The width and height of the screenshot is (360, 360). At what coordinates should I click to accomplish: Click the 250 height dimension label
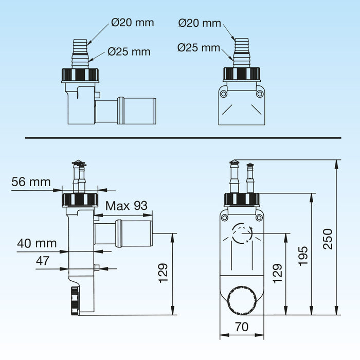pos(328,239)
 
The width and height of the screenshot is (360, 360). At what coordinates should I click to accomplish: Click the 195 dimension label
pos(303,256)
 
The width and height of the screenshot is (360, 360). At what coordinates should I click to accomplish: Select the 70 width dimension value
pos(242,327)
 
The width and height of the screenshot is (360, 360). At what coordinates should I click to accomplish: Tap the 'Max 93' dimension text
pos(127,206)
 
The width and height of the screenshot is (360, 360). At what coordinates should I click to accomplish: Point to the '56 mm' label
pos(31,182)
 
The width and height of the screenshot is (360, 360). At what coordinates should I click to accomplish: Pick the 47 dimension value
pos(43,261)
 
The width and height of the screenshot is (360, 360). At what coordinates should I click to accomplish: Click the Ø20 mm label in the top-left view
pos(133,23)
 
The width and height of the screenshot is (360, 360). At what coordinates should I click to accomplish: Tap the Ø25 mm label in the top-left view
pos(129,51)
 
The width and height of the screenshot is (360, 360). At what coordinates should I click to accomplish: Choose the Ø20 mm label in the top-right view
pos(200,23)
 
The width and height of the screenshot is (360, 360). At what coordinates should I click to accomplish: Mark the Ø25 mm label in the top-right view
pos(199,47)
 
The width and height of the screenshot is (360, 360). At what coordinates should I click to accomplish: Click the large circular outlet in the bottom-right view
pos(242,301)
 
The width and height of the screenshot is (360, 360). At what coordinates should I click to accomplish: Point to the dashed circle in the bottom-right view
pos(242,233)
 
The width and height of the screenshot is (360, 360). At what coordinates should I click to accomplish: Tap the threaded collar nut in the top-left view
pos(80,75)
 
